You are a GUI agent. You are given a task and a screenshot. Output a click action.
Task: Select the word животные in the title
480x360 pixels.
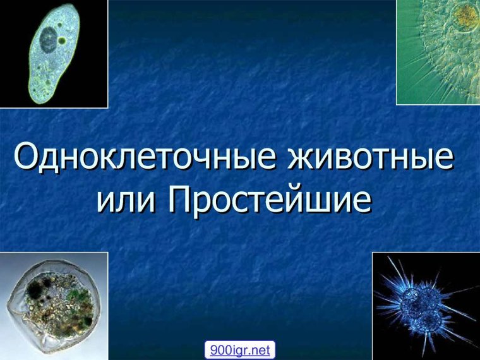[x=371, y=157]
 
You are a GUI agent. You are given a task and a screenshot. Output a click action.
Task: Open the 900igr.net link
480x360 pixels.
[x=239, y=349]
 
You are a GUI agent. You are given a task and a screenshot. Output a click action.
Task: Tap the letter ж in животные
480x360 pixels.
[x=301, y=159]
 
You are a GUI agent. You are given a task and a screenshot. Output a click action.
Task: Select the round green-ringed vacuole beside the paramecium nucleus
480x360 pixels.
[x=63, y=40]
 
